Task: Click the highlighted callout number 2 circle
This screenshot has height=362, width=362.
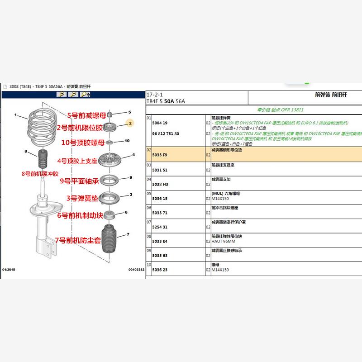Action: pos(130,123)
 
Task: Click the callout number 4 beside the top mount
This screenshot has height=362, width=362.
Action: pos(133,155)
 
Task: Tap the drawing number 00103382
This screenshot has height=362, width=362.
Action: pos(136,269)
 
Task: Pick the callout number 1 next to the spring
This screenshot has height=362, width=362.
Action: pos(15,115)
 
